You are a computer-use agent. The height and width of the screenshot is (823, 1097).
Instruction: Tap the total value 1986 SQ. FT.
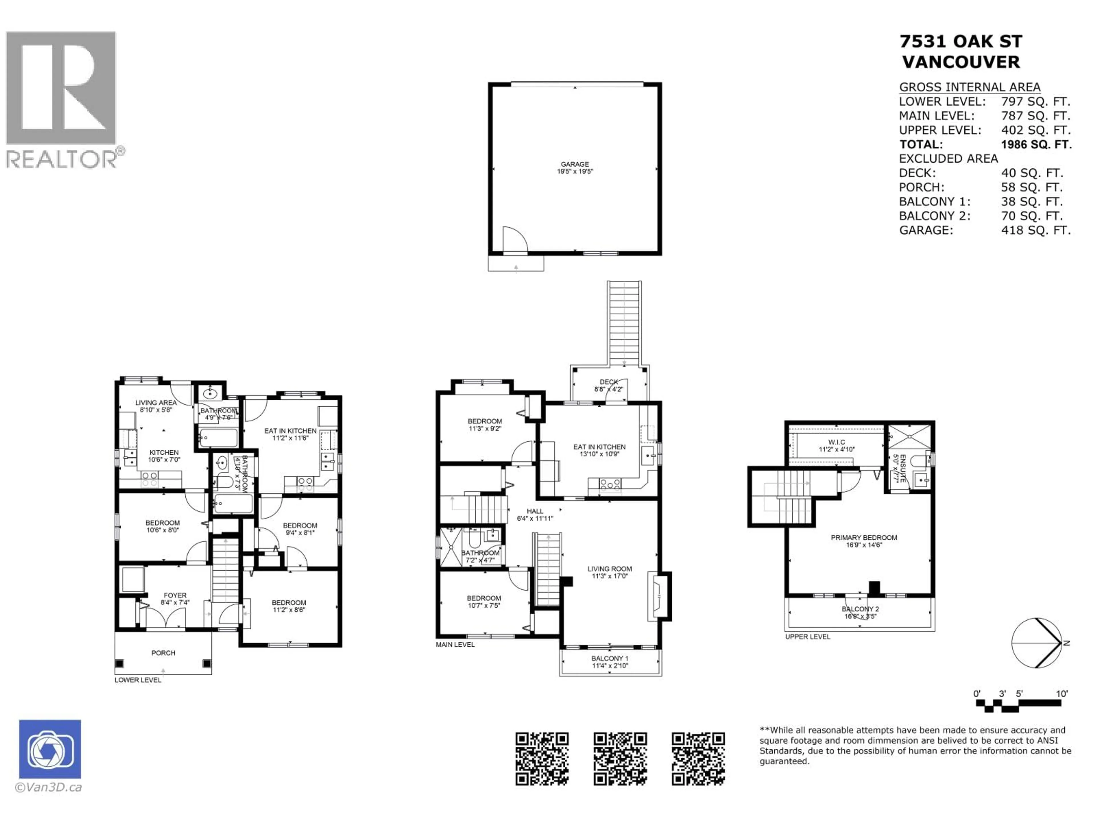coord(1036,144)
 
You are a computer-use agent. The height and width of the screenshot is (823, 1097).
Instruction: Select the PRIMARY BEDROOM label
coord(864,537)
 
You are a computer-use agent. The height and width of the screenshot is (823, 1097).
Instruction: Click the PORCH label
coord(163,653)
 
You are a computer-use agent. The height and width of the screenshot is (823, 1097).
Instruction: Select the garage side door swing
coord(514,239)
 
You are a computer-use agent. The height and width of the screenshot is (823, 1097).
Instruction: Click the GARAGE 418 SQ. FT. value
coord(1036,230)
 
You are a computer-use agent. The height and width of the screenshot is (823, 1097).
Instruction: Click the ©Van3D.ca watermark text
coord(49,787)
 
